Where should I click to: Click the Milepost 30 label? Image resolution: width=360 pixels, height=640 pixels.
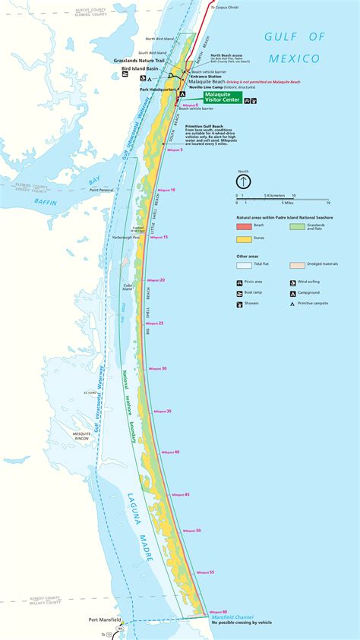(158, 368)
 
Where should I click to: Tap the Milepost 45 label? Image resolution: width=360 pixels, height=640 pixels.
(181, 494)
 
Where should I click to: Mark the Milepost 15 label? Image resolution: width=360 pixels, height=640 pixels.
(159, 238)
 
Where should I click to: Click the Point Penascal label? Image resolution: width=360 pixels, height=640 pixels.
(101, 190)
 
